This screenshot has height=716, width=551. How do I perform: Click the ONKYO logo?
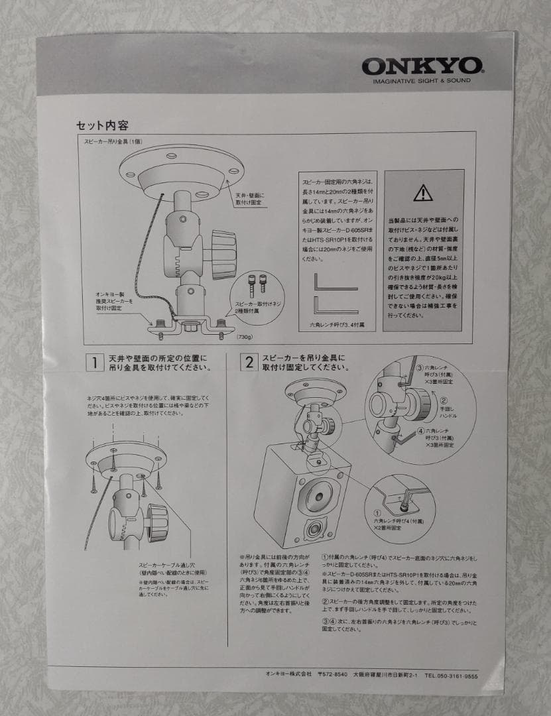[422, 66]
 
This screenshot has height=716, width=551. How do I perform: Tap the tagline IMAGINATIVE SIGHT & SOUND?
[422, 81]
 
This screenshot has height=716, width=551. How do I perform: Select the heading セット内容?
[103, 125]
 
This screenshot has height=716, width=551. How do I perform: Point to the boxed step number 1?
[95, 362]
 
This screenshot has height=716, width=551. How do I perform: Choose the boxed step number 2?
[249, 362]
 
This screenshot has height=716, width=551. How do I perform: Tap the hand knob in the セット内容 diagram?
[222, 253]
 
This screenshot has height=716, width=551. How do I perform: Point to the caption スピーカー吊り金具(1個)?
[113, 142]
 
